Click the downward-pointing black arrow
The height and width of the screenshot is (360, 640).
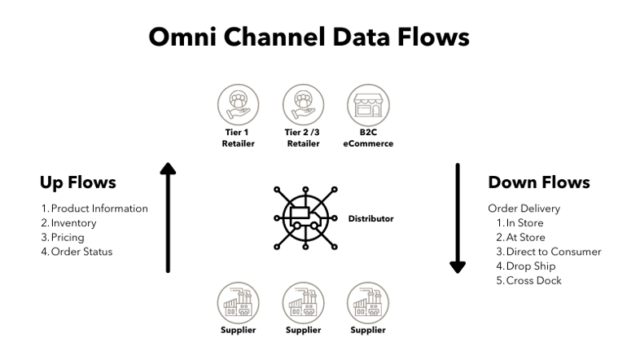pyautogui.click(x=458, y=218)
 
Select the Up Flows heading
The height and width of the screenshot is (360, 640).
pyautogui.click(x=77, y=182)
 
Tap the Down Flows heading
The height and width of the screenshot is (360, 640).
pyautogui.click(x=538, y=182)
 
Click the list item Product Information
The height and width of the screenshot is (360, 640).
pyautogui.click(x=94, y=209)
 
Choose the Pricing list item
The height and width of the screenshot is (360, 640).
pyautogui.click(x=62, y=238)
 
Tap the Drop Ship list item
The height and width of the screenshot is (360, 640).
pyautogui.click(x=529, y=266)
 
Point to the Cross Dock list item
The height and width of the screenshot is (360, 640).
pyautogui.click(x=533, y=281)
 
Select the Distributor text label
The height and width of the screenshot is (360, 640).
pyautogui.click(x=370, y=218)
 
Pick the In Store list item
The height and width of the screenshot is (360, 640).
pyautogui.click(x=524, y=223)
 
